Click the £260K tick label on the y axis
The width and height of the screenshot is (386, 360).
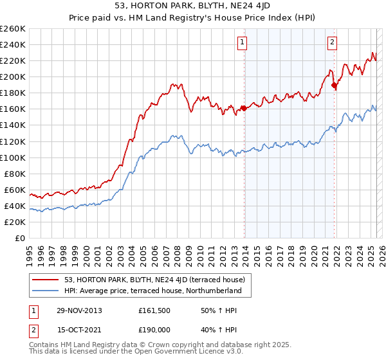tap(13, 29)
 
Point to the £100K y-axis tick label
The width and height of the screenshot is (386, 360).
tap(13, 157)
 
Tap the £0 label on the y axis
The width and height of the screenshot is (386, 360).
tap(21, 239)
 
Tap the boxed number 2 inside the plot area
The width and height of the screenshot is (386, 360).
tap(332, 43)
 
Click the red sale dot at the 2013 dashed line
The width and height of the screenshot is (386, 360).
tap(244, 108)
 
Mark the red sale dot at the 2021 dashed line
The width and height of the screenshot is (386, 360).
tap(334, 85)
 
